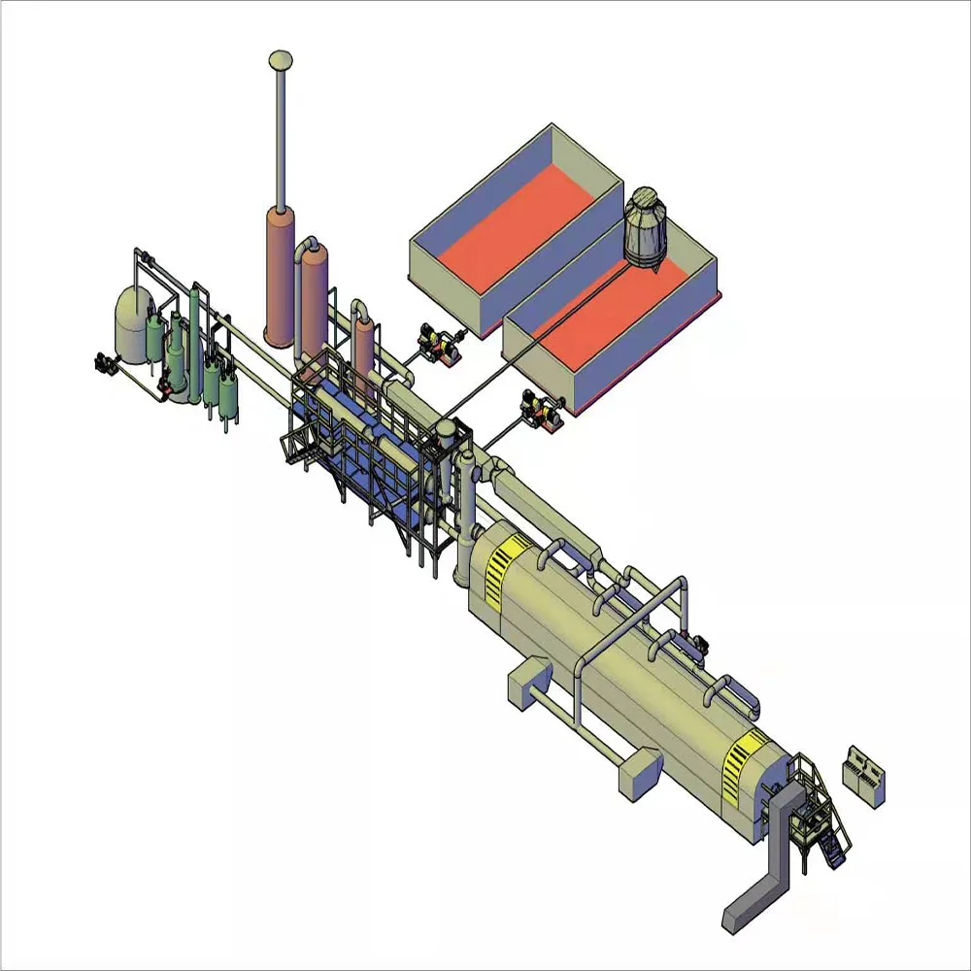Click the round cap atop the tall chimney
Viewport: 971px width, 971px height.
pos(281,60)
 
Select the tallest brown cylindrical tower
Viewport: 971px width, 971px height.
pos(280,277)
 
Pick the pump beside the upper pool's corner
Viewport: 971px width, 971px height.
pos(436,345)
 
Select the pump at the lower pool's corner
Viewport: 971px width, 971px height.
pos(539,408)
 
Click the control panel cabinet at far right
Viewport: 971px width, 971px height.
pos(865,774)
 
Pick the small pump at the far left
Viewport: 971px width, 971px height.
pos(100,362)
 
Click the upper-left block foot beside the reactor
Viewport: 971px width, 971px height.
pos(529,680)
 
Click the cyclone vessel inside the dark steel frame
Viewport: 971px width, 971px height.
pos(446,456)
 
